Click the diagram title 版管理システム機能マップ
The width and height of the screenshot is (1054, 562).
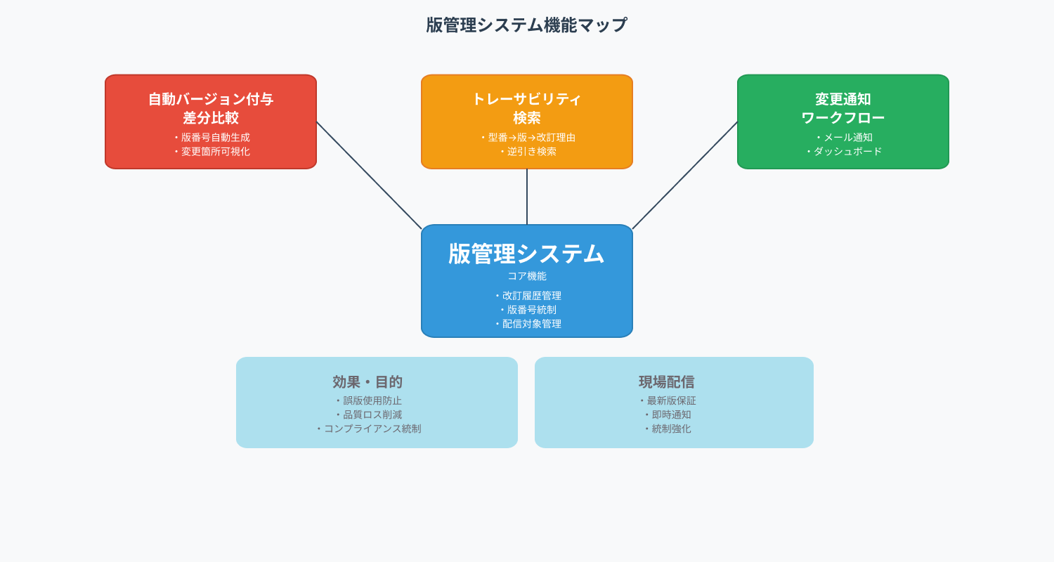[x=526, y=25]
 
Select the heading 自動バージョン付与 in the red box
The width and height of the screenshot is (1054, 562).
[x=211, y=99]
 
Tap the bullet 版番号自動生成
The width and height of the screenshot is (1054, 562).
[x=212, y=137]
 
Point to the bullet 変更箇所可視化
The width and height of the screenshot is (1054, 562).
[x=212, y=152]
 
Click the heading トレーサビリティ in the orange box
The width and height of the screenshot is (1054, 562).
[x=527, y=99]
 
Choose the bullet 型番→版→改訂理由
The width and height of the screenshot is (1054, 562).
[x=528, y=137]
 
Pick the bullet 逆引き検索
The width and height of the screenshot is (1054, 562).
[x=528, y=152]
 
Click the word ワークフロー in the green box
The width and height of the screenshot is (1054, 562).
[x=842, y=117]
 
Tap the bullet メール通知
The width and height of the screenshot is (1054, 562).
[x=844, y=137]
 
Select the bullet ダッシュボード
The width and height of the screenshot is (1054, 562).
[x=844, y=152]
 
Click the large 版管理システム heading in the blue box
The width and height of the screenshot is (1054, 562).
[x=526, y=254]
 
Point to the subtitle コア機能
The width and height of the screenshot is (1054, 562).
[x=527, y=276]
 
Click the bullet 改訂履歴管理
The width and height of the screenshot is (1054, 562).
[x=528, y=296]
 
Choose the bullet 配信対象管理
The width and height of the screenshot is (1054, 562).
[x=528, y=324]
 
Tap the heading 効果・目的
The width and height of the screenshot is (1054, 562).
[x=367, y=382]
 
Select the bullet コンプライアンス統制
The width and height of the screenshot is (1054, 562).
[x=368, y=429]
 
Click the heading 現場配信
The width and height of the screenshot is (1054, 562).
[x=667, y=382]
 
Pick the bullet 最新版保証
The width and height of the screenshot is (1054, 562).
[x=668, y=400]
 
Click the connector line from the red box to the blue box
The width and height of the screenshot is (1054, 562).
[x=369, y=176]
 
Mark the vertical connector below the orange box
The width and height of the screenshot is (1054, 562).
[x=527, y=197]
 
